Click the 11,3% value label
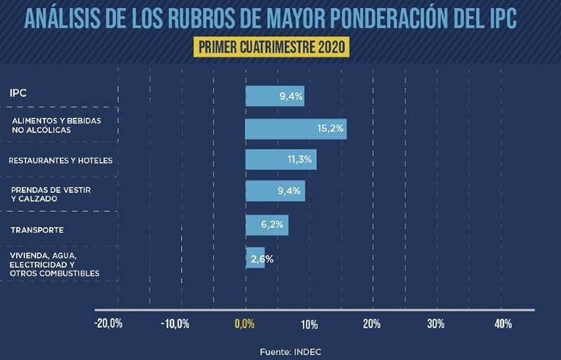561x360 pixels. point(299,160)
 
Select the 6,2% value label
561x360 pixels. point(272,225)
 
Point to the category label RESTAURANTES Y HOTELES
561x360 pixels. point(60,161)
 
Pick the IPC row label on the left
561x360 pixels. point(18,93)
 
